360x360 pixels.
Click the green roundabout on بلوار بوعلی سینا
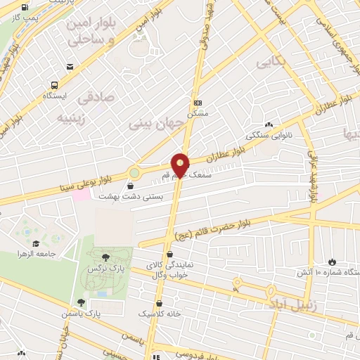pos(134,172)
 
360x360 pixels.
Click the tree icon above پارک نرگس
pos(105,257)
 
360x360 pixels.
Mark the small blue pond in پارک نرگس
pos(103,293)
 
